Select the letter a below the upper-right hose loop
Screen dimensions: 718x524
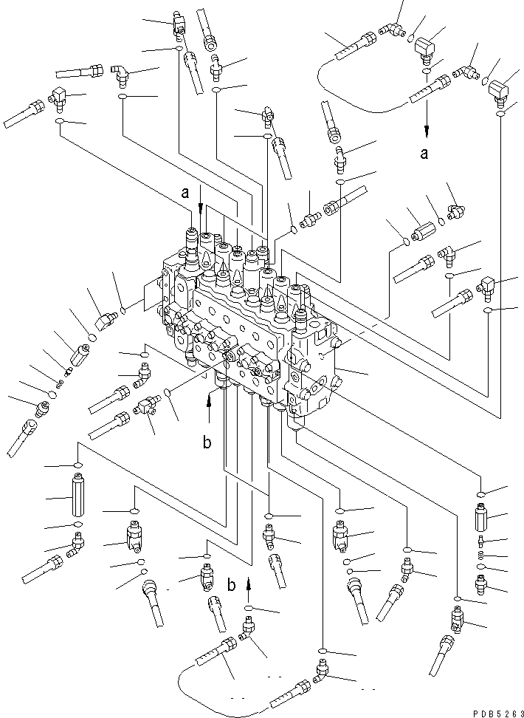click(424, 154)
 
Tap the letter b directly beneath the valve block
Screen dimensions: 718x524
click(208, 443)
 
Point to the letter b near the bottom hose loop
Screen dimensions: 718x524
click(232, 585)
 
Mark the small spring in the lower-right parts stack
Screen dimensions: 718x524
click(480, 555)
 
